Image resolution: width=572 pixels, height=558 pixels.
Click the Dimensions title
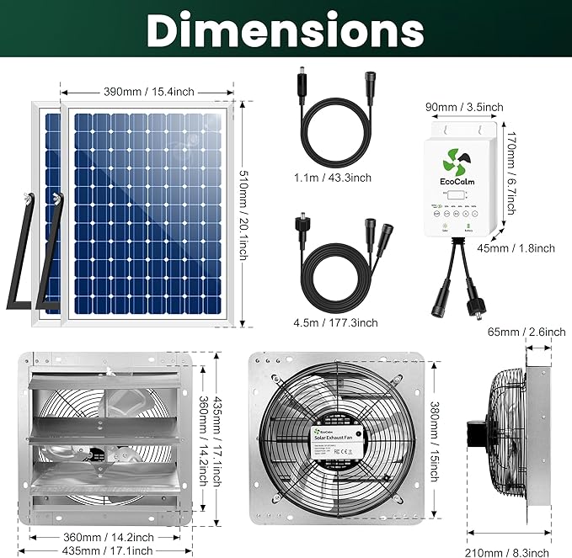pyautogui.click(x=286, y=30)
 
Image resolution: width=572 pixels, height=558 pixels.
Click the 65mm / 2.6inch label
pyautogui.click(x=527, y=332)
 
